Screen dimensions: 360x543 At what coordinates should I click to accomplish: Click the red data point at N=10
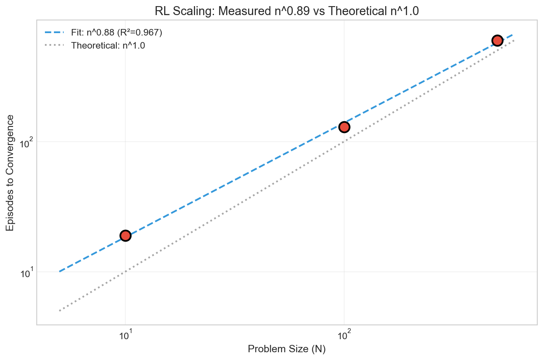click(125, 236)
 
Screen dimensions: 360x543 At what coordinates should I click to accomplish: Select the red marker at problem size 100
click(344, 127)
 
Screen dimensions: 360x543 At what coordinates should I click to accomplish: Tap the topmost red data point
click(497, 40)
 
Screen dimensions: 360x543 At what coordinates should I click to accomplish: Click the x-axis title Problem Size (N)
click(287, 350)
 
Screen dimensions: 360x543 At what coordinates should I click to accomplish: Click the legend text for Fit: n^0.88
click(92, 33)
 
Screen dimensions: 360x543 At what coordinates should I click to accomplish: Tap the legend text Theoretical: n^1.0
click(108, 45)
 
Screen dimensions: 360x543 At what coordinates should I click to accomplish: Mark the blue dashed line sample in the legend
click(53, 33)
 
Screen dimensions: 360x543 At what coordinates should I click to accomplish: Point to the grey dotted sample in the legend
click(53, 45)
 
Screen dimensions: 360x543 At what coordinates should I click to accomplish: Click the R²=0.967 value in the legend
click(139, 33)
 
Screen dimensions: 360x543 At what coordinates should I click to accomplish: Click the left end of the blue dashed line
click(60, 271)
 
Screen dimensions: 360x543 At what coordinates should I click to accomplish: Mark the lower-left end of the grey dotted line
click(60, 311)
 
